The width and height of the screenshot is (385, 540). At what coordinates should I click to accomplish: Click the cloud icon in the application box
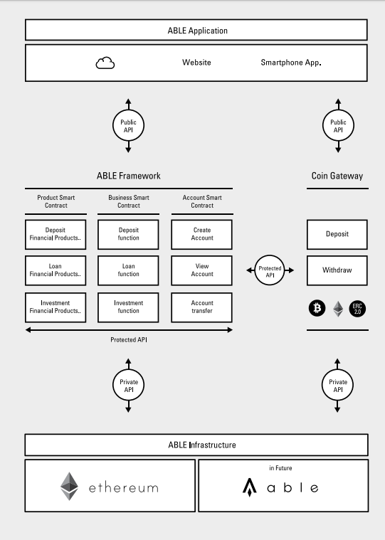click(x=105, y=63)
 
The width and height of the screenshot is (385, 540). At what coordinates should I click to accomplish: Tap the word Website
click(x=196, y=63)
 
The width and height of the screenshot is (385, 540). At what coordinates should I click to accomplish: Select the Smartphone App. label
click(x=291, y=63)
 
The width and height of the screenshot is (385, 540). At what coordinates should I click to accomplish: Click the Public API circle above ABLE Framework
click(x=128, y=126)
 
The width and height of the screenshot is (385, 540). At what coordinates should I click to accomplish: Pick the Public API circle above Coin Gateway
click(x=338, y=126)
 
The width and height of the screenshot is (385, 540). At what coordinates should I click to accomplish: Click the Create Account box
click(x=202, y=235)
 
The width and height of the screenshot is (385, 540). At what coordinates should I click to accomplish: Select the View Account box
click(x=202, y=270)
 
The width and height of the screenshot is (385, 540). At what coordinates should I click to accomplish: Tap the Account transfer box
click(x=202, y=307)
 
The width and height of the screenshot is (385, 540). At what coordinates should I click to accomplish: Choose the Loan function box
click(x=128, y=270)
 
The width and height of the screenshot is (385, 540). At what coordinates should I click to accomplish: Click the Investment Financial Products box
click(x=56, y=307)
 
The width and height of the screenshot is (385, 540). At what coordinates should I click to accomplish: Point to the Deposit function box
click(x=128, y=235)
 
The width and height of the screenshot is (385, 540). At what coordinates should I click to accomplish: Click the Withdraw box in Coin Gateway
click(x=337, y=270)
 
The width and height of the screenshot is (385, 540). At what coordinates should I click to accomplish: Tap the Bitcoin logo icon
click(x=317, y=308)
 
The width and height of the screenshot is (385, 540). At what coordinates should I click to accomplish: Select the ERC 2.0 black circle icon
click(x=357, y=309)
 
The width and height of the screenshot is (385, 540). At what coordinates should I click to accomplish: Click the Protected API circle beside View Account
click(x=270, y=270)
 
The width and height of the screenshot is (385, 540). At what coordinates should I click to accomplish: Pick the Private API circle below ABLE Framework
click(x=128, y=386)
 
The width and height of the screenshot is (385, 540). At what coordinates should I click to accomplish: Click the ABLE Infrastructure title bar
click(x=196, y=445)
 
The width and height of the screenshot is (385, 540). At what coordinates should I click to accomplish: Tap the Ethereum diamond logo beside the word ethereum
click(x=69, y=486)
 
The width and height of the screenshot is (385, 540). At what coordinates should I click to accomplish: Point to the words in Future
click(x=280, y=468)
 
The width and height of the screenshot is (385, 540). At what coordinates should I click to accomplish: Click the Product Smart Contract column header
click(x=56, y=201)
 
